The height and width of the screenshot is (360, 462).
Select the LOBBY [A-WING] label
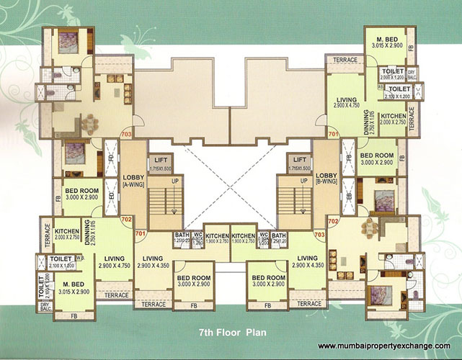133,180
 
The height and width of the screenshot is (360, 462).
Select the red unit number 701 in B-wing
333,135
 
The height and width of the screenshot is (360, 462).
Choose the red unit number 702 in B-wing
333,220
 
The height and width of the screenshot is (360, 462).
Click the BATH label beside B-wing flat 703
279,234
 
